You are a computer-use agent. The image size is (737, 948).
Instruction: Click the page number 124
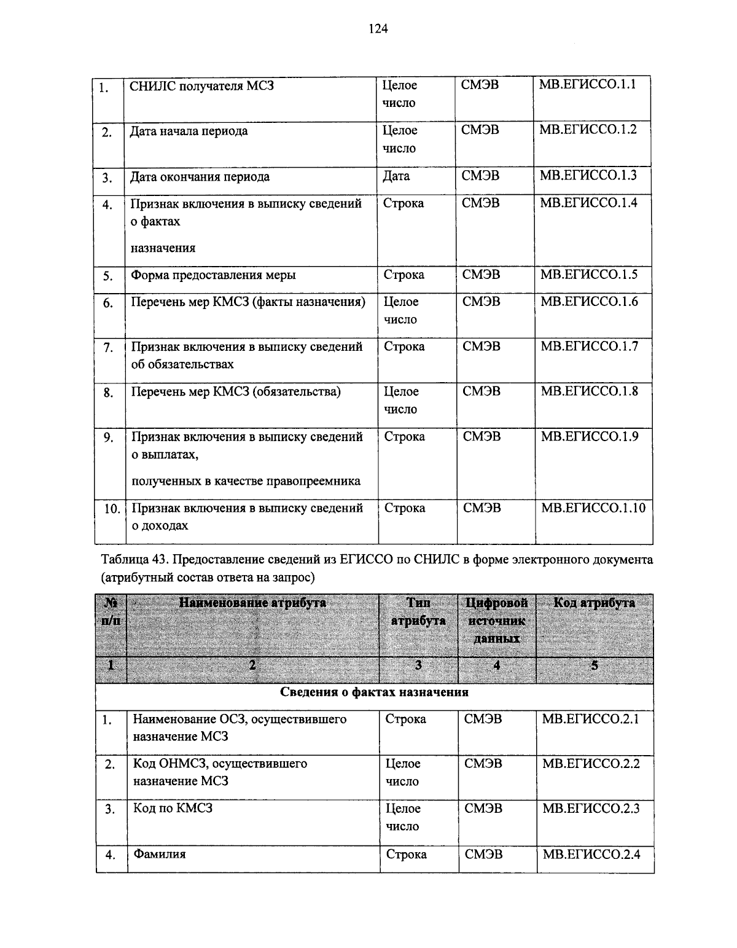click(378, 28)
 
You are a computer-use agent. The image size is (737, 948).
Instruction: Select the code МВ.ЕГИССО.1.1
click(587, 85)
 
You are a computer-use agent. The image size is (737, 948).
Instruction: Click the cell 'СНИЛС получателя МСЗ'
click(201, 86)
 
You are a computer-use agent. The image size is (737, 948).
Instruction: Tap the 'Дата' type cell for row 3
click(396, 176)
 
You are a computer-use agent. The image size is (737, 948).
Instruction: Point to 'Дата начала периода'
click(189, 131)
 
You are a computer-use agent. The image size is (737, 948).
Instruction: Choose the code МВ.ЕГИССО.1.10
click(593, 508)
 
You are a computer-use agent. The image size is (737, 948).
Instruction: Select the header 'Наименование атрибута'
click(252, 603)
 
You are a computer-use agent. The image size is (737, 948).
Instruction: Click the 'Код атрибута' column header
click(594, 603)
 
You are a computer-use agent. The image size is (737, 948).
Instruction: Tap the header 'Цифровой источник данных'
click(497, 621)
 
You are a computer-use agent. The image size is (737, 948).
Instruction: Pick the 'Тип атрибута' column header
click(418, 612)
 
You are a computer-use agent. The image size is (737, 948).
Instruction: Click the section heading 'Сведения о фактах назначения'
click(374, 692)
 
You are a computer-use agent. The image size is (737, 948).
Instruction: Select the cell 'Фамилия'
click(160, 854)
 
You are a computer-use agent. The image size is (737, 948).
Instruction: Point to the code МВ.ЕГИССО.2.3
click(591, 809)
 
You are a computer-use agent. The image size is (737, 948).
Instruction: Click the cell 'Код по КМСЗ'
click(173, 809)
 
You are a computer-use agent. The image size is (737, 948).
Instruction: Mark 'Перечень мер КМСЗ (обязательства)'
click(236, 392)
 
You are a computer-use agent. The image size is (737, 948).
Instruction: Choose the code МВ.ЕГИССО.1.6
click(589, 302)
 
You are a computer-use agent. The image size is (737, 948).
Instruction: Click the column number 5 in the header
click(594, 665)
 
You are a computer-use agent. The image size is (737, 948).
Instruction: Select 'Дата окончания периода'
click(200, 177)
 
